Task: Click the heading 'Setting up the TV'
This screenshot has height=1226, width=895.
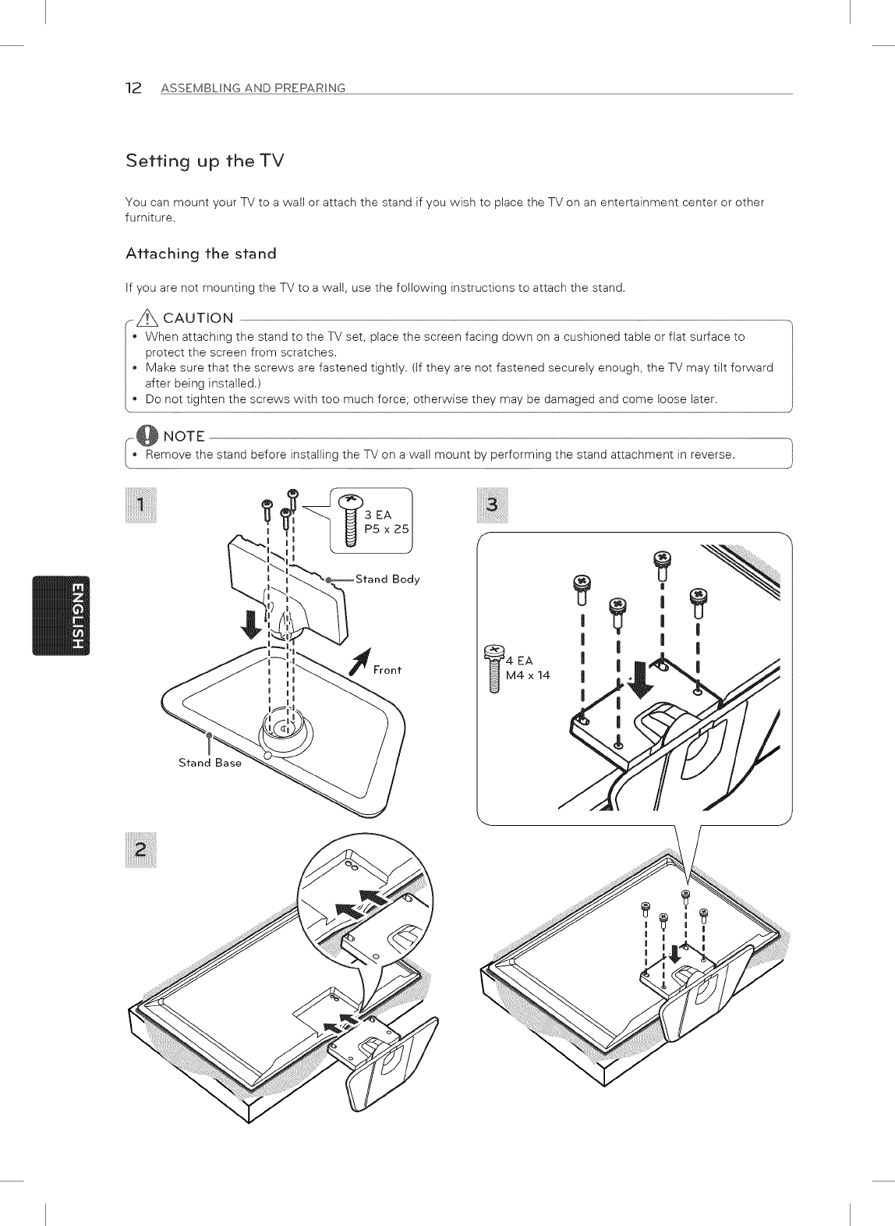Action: coord(205,161)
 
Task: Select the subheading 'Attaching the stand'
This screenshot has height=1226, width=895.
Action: coord(200,253)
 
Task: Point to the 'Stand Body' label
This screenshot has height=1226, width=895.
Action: coord(387,579)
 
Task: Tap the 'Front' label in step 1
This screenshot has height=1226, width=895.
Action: coord(387,670)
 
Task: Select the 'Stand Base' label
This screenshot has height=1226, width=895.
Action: coord(210,763)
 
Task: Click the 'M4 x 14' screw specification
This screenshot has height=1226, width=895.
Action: coord(528,675)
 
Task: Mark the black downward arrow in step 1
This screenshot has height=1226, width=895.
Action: coord(251,622)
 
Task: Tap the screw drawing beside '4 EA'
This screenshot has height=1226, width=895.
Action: coord(493,669)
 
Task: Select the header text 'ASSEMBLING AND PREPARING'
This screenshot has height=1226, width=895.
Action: coord(253,87)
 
